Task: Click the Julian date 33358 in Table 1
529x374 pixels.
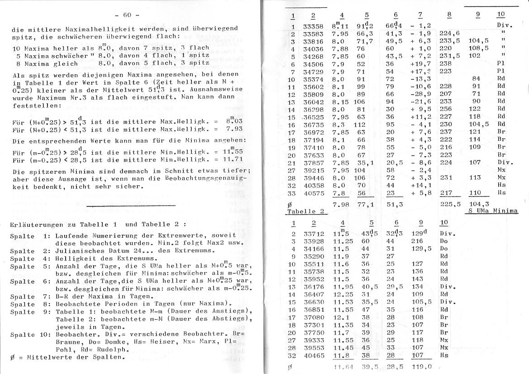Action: click(x=313, y=26)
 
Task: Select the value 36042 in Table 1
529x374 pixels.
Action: click(x=313, y=102)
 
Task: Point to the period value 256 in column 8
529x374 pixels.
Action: click(x=446, y=110)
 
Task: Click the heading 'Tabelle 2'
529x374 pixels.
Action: click(x=306, y=211)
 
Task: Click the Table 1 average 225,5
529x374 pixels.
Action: click(x=450, y=204)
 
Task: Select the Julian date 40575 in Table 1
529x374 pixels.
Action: click(x=313, y=193)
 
